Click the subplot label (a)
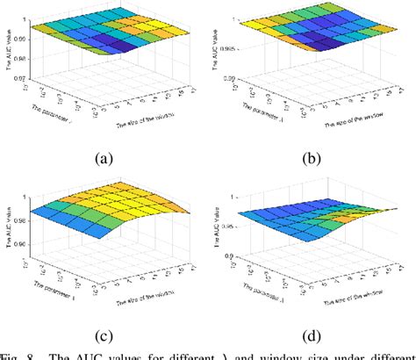click(104, 159)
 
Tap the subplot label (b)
click(313, 159)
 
